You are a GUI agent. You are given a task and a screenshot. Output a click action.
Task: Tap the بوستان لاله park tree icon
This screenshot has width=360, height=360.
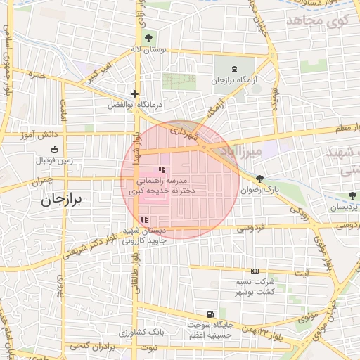click(x=148, y=38)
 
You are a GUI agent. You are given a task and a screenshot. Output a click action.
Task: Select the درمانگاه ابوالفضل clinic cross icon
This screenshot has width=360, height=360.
click(x=134, y=94)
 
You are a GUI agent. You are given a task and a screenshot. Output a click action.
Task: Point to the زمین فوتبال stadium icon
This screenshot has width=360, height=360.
click(x=55, y=149)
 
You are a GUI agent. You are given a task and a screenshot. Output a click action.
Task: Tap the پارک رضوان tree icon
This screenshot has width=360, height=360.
click(x=261, y=179)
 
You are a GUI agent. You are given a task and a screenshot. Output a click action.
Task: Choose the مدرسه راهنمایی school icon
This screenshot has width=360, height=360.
click(x=162, y=169)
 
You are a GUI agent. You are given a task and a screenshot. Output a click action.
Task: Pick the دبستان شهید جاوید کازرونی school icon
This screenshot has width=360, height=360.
click(x=143, y=220)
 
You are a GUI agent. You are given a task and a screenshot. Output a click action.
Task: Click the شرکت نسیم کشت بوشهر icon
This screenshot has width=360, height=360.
click(x=254, y=271)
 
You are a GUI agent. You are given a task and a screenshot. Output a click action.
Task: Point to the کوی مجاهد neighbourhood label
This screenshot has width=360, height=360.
click(x=319, y=22)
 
